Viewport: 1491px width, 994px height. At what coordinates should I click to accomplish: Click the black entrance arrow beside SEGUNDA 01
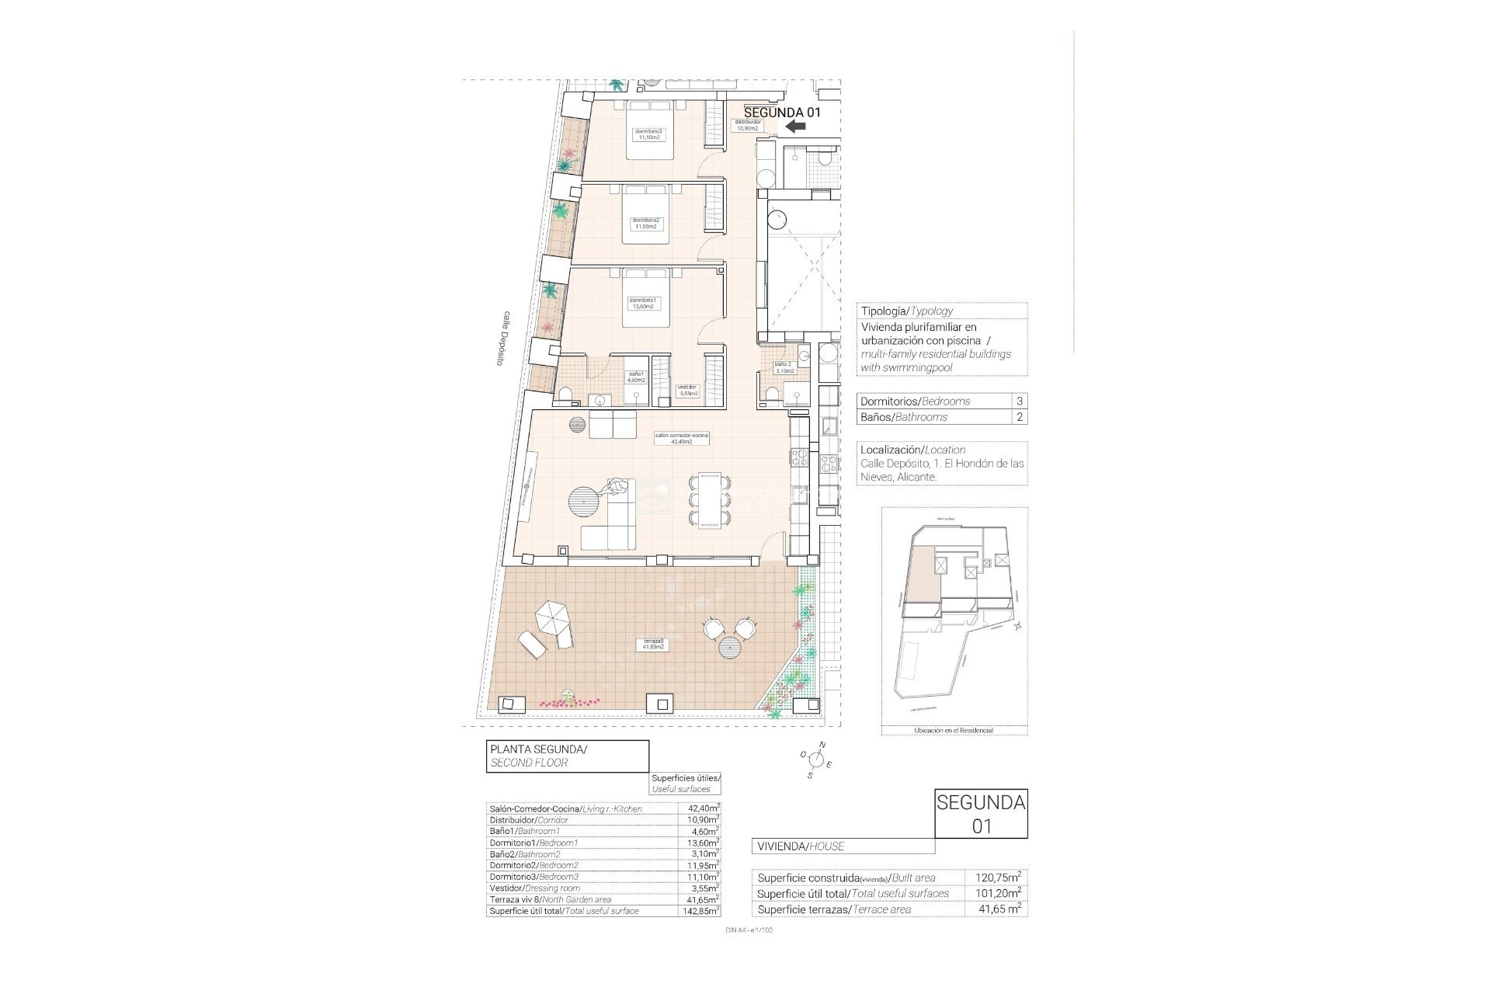pos(795,127)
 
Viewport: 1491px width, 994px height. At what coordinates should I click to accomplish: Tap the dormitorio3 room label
pos(648,134)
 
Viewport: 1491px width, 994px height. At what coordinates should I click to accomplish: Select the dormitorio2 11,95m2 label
pos(645,223)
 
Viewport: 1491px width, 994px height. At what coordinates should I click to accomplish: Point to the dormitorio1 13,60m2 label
pos(642,303)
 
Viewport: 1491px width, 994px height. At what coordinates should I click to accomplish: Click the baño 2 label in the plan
pos(784,367)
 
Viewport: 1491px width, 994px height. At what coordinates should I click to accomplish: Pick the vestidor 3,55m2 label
pos(687,391)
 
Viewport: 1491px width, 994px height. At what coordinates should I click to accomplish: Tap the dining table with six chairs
pos(710,500)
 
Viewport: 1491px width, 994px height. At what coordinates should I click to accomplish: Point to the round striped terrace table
pos(731,647)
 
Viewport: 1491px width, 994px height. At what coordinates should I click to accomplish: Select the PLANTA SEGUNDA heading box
pos(567,756)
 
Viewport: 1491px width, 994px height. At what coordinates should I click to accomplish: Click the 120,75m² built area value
pos(998,878)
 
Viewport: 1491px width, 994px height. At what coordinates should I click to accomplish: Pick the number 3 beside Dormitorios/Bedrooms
pos(1019,401)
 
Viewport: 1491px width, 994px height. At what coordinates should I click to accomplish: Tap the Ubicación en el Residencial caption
pos(954,730)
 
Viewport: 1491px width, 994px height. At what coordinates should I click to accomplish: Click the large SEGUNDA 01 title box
pos(981,814)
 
